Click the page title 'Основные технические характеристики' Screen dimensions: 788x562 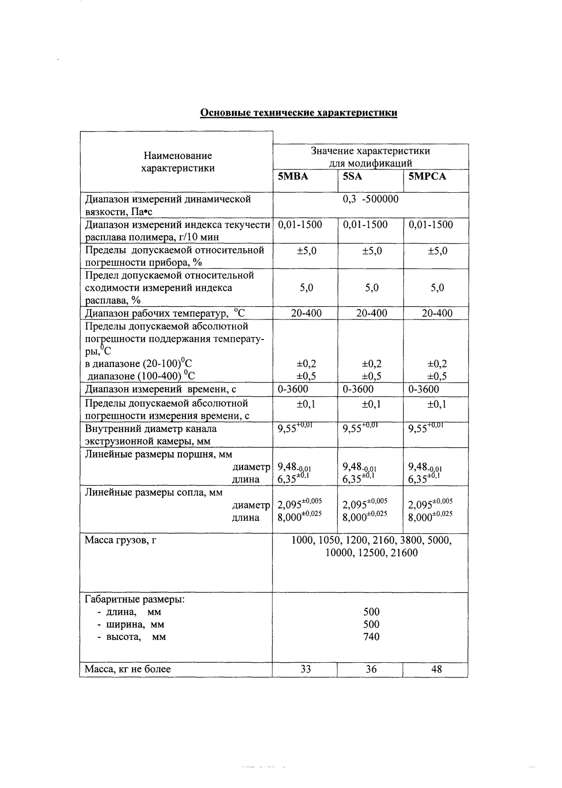coord(298,113)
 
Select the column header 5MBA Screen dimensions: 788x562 coord(293,177)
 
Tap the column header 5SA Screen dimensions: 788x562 coord(353,177)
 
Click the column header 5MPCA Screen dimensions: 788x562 coord(427,177)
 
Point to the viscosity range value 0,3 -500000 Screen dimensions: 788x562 coord(370,199)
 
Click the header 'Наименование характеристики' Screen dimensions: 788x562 coord(178,162)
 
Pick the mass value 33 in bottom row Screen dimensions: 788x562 coord(306,669)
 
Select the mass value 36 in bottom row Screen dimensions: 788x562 coord(371,669)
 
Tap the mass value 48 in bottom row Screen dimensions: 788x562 coord(437,669)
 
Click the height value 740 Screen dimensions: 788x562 coord(371,637)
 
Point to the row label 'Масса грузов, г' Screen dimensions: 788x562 coord(121,540)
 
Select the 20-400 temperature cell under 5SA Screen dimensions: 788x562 coord(371,313)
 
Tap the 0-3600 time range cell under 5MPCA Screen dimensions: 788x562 coord(423,389)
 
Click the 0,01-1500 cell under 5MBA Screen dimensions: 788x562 coord(300,225)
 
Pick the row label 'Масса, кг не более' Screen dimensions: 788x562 coord(128,669)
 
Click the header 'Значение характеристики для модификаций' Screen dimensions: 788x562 coord(370,157)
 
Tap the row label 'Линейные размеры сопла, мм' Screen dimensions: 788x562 coord(153,492)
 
